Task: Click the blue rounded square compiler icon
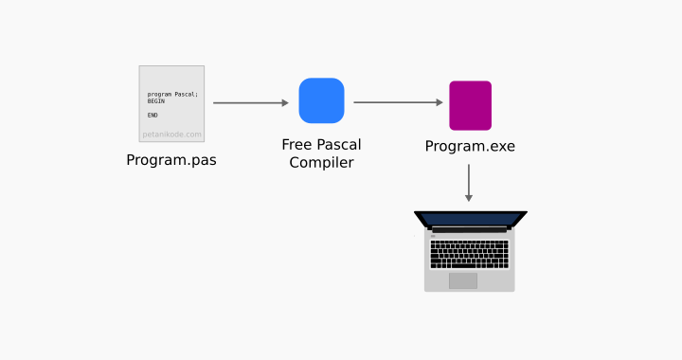[x=321, y=100]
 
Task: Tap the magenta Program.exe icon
[x=470, y=105]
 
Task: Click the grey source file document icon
[x=171, y=103]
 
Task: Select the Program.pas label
[x=171, y=160]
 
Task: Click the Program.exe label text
[x=470, y=146]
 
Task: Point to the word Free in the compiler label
[x=297, y=145]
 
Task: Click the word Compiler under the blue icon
[x=321, y=163]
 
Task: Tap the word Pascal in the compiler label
[x=338, y=145]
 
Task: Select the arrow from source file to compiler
[x=248, y=102]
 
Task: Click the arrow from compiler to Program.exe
[x=396, y=102]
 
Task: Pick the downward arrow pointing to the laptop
[x=468, y=182]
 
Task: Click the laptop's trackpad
[x=463, y=280]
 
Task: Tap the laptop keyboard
[x=469, y=254]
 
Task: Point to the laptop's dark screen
[x=470, y=219]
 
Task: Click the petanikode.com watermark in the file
[x=171, y=135]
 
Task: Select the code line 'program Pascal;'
[x=172, y=94]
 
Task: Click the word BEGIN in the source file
[x=155, y=101]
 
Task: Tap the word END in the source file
[x=153, y=115]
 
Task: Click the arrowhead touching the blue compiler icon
[x=284, y=102]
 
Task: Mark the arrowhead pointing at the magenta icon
[x=440, y=102]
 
